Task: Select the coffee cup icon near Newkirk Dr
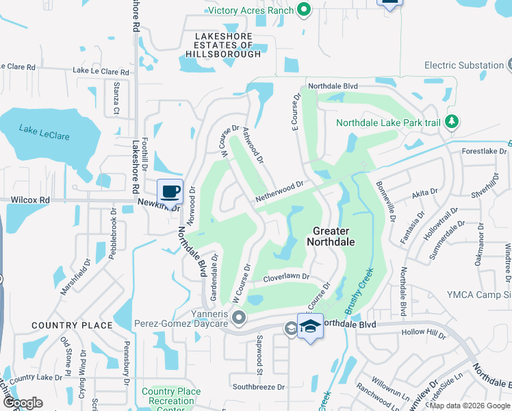pos(170,191)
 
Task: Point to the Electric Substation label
pos(464,66)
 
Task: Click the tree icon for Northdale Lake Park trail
pos(451,122)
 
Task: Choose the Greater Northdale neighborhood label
pos(334,236)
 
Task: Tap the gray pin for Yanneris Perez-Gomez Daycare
pos(239,316)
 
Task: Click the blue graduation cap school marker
pos(310,326)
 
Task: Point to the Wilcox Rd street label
pos(31,201)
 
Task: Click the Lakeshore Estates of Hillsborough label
pos(223,45)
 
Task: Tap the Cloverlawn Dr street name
pos(287,278)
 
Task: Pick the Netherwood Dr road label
pos(279,191)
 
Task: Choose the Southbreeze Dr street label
pos(257,387)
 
